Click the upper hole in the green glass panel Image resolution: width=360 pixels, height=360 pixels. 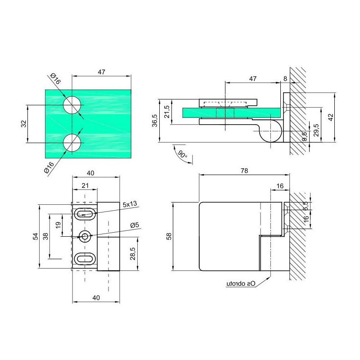[x=72, y=105]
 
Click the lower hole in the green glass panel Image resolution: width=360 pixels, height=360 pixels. [x=72, y=143]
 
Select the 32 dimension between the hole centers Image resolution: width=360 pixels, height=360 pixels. [x=24, y=124]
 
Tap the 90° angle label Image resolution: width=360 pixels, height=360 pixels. [x=183, y=154]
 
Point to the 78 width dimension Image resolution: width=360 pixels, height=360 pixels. [x=244, y=171]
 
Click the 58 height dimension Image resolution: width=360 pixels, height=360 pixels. [x=169, y=236]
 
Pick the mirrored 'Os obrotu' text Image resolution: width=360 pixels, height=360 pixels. [x=241, y=284]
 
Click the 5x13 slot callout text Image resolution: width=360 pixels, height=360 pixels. [x=130, y=204]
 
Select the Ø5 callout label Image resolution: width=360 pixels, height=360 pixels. [x=135, y=225]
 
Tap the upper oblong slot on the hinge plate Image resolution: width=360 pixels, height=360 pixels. [x=85, y=214]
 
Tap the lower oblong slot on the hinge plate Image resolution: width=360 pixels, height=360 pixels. [x=85, y=259]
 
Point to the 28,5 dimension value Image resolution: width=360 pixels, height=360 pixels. [x=133, y=253]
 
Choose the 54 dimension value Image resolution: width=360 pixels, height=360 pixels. [x=36, y=236]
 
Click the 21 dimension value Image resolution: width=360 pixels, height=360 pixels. [x=85, y=185]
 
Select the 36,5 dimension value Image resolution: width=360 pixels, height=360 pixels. [x=155, y=121]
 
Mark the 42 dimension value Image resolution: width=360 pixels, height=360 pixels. [x=331, y=117]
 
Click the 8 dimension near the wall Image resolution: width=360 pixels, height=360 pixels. [x=285, y=79]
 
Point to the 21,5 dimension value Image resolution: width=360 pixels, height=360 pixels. [x=166, y=112]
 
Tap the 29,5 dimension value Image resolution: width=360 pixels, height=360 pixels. [x=316, y=130]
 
